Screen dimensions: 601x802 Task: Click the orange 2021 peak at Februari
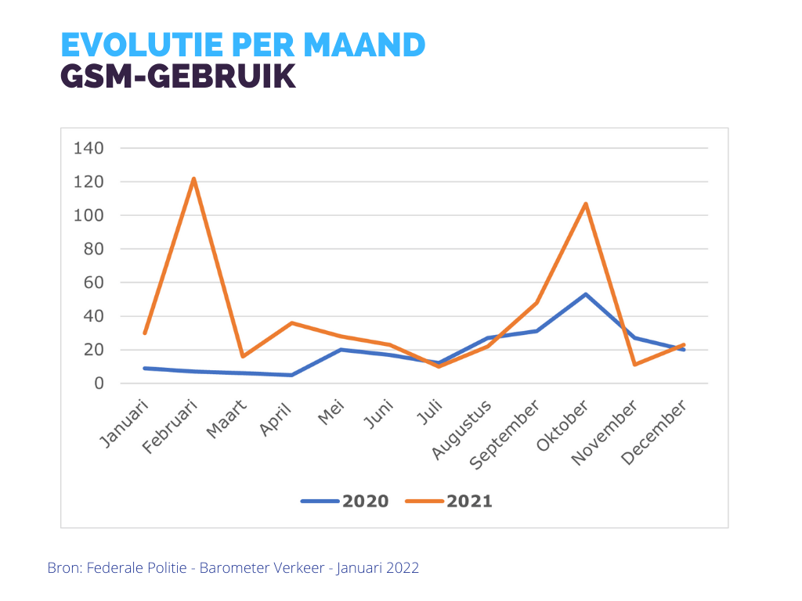click(193, 179)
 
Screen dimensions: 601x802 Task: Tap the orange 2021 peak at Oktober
click(586, 204)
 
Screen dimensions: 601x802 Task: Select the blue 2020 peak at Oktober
click(586, 294)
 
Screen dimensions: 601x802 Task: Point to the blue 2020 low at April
click(291, 375)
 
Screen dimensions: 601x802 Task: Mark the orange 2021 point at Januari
click(145, 333)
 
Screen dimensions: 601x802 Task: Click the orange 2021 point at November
click(635, 365)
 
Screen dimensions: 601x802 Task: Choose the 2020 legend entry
click(345, 501)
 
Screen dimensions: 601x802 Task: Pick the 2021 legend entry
click(450, 501)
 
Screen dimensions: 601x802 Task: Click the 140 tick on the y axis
click(89, 148)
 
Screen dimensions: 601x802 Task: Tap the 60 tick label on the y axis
click(93, 283)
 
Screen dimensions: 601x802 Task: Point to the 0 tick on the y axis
click(99, 383)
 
